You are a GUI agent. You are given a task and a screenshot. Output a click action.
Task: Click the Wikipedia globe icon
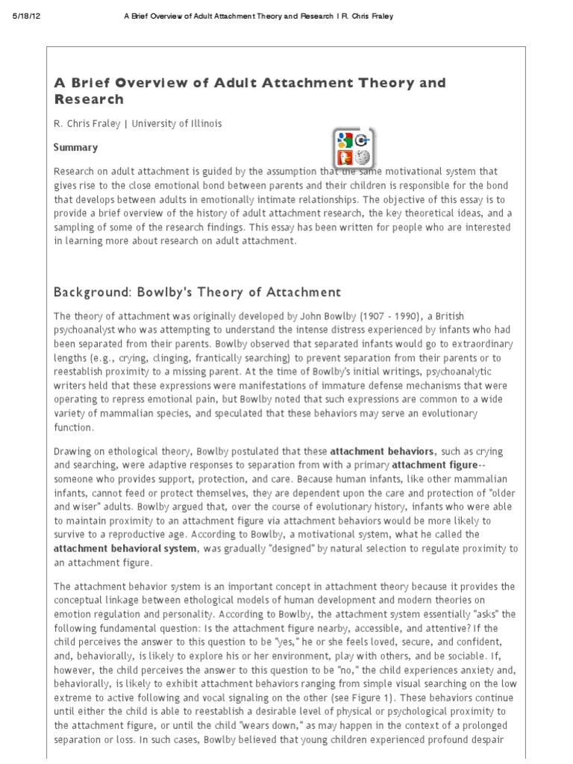[363, 157]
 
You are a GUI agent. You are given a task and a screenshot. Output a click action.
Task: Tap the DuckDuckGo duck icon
[344, 157]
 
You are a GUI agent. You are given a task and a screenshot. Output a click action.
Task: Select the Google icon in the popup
[344, 139]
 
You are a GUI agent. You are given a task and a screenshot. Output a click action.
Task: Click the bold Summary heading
[75, 148]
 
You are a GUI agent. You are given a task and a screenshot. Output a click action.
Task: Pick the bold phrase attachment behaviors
[381, 451]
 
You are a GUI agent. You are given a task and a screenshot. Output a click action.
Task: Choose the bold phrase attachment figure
[433, 465]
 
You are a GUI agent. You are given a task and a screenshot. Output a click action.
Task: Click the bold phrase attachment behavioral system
[125, 548]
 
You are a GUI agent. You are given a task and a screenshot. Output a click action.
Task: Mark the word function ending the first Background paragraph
[73, 428]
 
